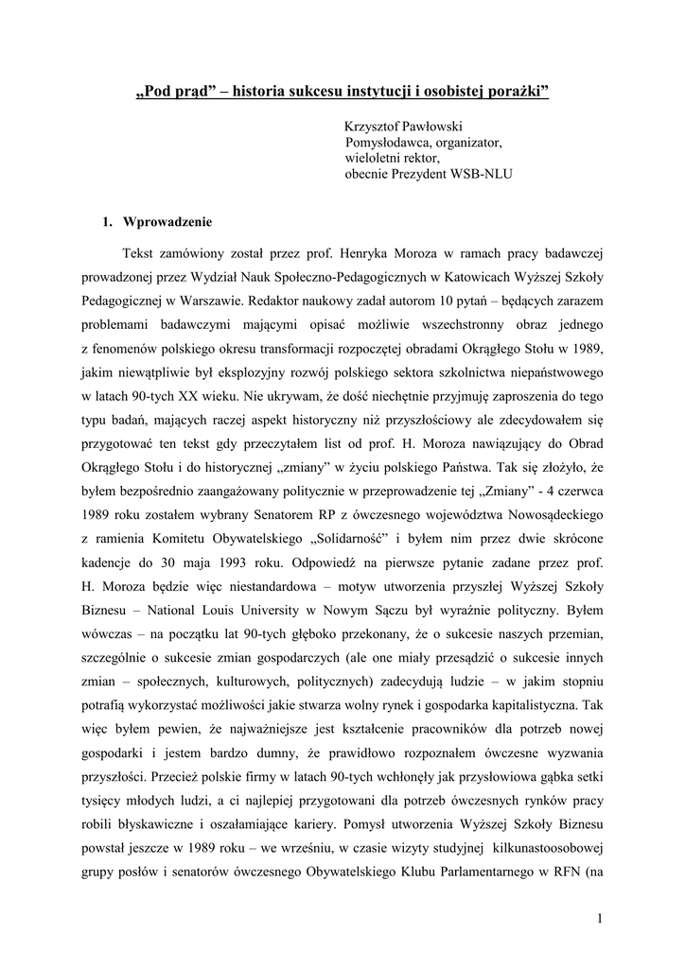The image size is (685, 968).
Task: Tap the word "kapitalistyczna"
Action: click(x=534, y=706)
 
